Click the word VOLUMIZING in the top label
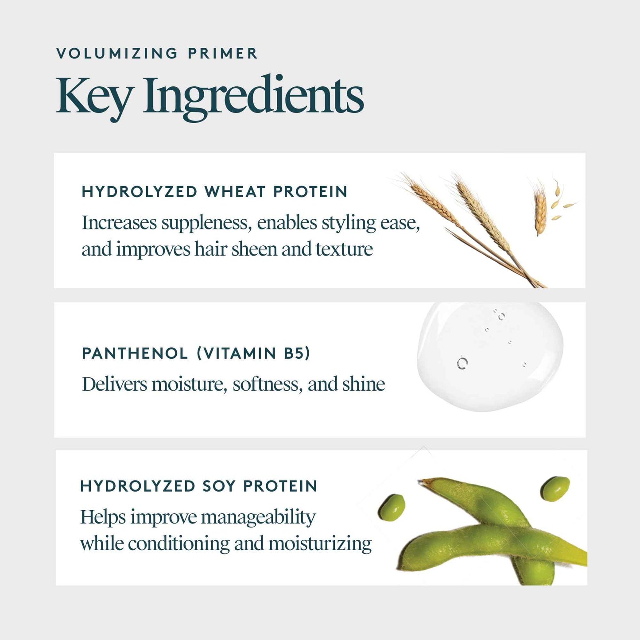click(x=117, y=54)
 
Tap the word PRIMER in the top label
click(x=222, y=54)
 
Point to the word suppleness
click(x=206, y=223)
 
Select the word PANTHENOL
click(x=135, y=353)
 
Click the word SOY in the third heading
click(x=219, y=486)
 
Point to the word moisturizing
click(x=320, y=544)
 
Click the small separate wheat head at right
click(x=540, y=210)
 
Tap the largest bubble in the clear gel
click(x=462, y=363)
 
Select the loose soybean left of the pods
click(x=392, y=507)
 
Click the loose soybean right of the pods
click(x=555, y=489)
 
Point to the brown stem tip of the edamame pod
click(x=426, y=482)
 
